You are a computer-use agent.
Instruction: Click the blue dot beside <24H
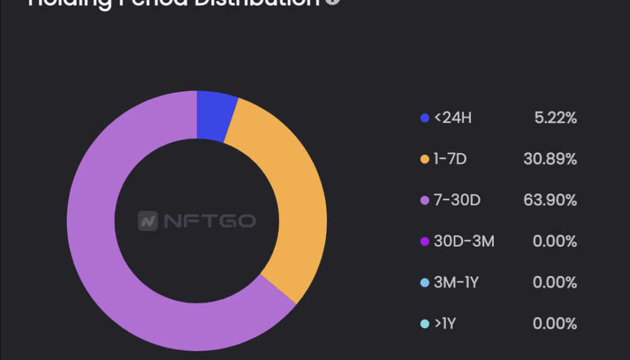[425, 118]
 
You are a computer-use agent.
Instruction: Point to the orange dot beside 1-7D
[425, 160]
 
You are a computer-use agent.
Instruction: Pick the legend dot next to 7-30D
[425, 200]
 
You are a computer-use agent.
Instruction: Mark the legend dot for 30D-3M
[425, 242]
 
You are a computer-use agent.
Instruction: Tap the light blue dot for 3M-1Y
[425, 283]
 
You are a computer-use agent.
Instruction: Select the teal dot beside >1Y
[425, 324]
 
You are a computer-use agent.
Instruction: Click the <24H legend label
[452, 118]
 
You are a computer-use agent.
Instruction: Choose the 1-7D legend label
[451, 160]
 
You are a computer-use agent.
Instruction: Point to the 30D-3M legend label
[464, 242]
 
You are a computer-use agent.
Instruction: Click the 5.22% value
[556, 118]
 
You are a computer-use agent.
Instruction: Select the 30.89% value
[550, 160]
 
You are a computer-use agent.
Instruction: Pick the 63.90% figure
[550, 200]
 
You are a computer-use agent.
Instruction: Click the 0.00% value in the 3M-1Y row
[555, 283]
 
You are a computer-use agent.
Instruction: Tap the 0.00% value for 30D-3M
[555, 242]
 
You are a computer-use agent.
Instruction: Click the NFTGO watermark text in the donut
[209, 221]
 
